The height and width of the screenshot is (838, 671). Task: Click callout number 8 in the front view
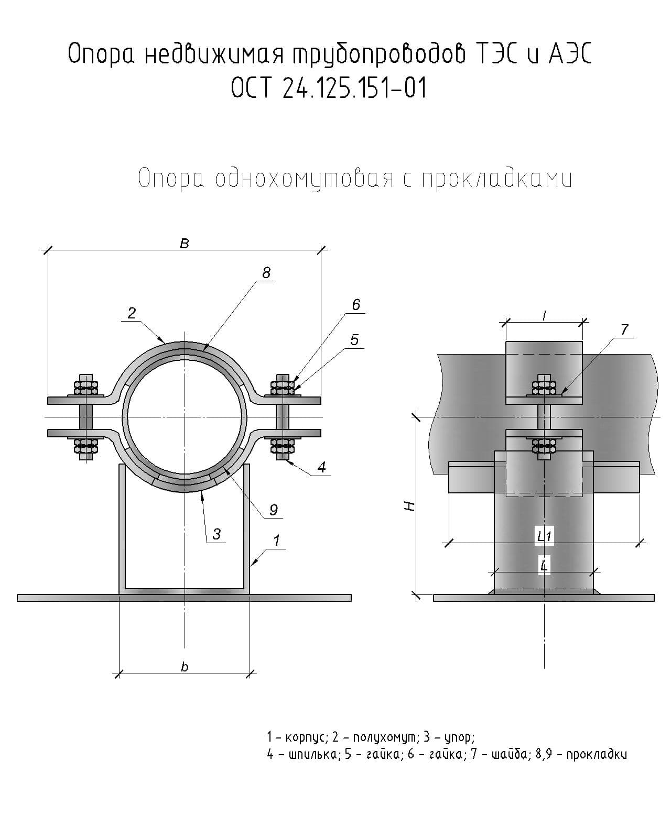coord(266,272)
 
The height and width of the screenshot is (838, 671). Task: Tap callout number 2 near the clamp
coord(132,313)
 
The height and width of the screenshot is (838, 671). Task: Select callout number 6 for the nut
coord(356,304)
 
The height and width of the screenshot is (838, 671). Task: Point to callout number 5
coord(354,340)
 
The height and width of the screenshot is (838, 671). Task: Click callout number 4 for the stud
coord(322,467)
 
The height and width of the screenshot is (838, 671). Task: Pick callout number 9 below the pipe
coord(274,509)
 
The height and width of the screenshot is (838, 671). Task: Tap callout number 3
coord(217,534)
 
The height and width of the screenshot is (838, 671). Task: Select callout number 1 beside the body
coord(276,541)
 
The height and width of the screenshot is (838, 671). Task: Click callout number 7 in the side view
coord(624,330)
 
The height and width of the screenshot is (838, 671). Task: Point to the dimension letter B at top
coord(185,244)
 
